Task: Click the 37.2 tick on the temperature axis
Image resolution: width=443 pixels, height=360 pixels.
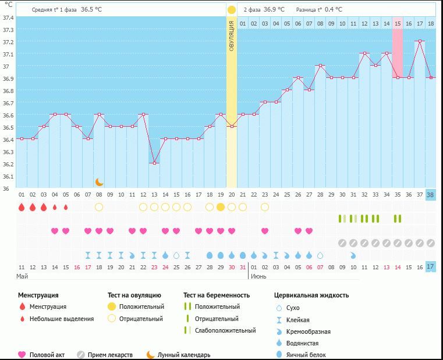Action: pyautogui.click(x=8, y=42)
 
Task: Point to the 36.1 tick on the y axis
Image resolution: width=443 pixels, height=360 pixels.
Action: pyautogui.click(x=8, y=176)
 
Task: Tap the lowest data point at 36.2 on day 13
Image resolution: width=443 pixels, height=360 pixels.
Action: pyautogui.click(x=154, y=163)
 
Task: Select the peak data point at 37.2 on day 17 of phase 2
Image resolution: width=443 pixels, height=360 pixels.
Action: pyautogui.click(x=419, y=41)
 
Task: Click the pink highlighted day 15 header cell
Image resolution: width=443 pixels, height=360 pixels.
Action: pyautogui.click(x=398, y=23)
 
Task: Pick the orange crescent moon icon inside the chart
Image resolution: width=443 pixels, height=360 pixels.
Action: pyautogui.click(x=100, y=182)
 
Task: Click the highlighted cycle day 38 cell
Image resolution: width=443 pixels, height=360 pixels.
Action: pyautogui.click(x=430, y=194)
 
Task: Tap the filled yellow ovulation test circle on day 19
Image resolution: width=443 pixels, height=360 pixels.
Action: pyautogui.click(x=221, y=207)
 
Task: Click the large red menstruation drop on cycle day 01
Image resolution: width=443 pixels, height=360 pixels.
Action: pyautogui.click(x=22, y=207)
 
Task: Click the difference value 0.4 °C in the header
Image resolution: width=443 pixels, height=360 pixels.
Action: pyautogui.click(x=334, y=9)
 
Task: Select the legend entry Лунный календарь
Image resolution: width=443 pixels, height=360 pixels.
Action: pyautogui.click(x=183, y=354)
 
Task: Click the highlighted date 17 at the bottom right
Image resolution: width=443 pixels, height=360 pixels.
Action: pyautogui.click(x=430, y=266)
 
